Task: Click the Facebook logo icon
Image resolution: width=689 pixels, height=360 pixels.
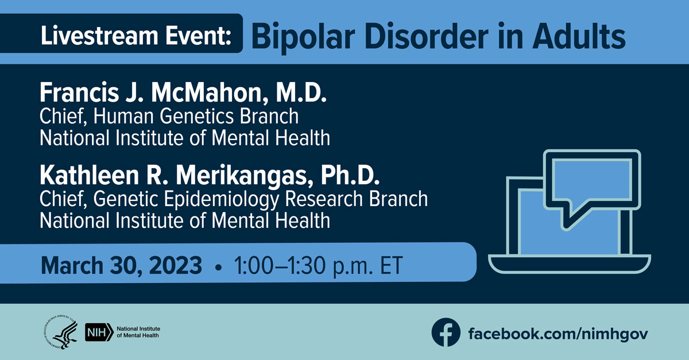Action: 446,332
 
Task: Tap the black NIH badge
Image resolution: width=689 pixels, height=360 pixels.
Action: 99,332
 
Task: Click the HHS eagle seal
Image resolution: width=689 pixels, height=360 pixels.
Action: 60,332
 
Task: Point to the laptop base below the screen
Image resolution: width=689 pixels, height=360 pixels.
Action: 570,264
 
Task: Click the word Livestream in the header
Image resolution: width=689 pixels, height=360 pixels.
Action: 99,36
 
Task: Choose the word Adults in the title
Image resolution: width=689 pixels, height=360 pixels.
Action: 579,36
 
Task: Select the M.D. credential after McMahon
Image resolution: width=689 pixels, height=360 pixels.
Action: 301,92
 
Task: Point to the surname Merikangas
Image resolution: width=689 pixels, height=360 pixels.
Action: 245,176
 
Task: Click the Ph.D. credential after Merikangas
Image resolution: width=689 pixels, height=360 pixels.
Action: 350,175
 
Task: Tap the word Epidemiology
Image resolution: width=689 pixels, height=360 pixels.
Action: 222,199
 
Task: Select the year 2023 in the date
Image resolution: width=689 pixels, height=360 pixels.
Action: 175,265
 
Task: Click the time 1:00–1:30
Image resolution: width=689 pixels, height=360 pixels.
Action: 280,265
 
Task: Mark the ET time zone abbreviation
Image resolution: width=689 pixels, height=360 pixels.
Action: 391,265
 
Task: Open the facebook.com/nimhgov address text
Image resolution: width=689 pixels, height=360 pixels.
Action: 558,334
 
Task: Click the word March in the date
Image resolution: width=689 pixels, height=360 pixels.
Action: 72,265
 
